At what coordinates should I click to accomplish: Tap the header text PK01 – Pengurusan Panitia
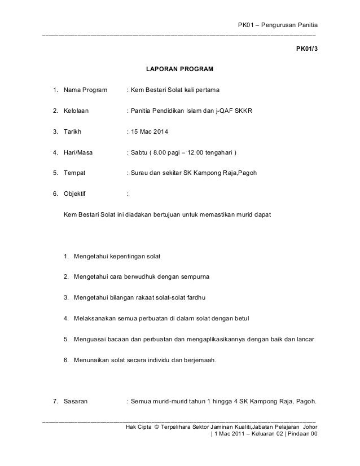click(278, 25)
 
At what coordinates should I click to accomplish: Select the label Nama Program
click(81, 90)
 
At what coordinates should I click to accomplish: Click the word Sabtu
click(140, 153)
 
